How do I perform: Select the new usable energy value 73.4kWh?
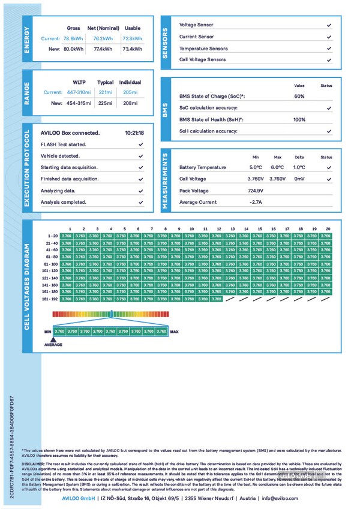(132, 49)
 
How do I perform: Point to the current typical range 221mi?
(106, 92)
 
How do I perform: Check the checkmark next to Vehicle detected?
(140, 156)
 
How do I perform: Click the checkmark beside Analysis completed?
(140, 202)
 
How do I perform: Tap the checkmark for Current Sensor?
(329, 37)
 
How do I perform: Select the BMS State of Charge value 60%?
(299, 97)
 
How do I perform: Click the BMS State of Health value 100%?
(299, 120)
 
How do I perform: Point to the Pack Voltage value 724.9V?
(256, 191)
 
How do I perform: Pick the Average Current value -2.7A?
(256, 202)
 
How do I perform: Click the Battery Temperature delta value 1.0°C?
(299, 168)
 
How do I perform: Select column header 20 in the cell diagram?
(328, 228)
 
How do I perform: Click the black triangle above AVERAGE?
(53, 338)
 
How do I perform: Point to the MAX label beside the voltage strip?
(174, 332)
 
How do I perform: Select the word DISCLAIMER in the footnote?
(33, 464)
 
